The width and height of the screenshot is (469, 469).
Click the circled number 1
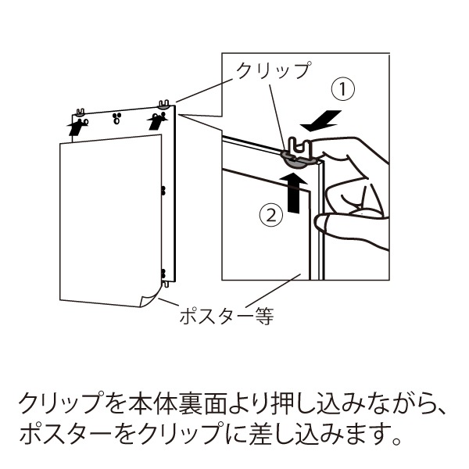pos(343,89)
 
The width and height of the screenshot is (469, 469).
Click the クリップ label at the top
pos(274,70)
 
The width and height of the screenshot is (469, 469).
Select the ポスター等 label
pos(227,316)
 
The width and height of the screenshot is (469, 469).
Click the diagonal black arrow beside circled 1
pos(321,120)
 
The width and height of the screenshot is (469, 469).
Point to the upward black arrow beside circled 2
pos(293,193)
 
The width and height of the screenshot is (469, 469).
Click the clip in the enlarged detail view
pos(299,153)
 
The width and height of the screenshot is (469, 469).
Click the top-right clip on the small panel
pos(164,104)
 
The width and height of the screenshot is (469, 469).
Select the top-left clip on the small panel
pos(81,113)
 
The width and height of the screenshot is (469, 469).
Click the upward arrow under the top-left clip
pos(76,127)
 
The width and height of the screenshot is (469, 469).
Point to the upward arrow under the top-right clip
pos(157,121)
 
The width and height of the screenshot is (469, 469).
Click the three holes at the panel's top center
pos(116,118)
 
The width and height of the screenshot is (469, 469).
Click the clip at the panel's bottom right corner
pos(166,283)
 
